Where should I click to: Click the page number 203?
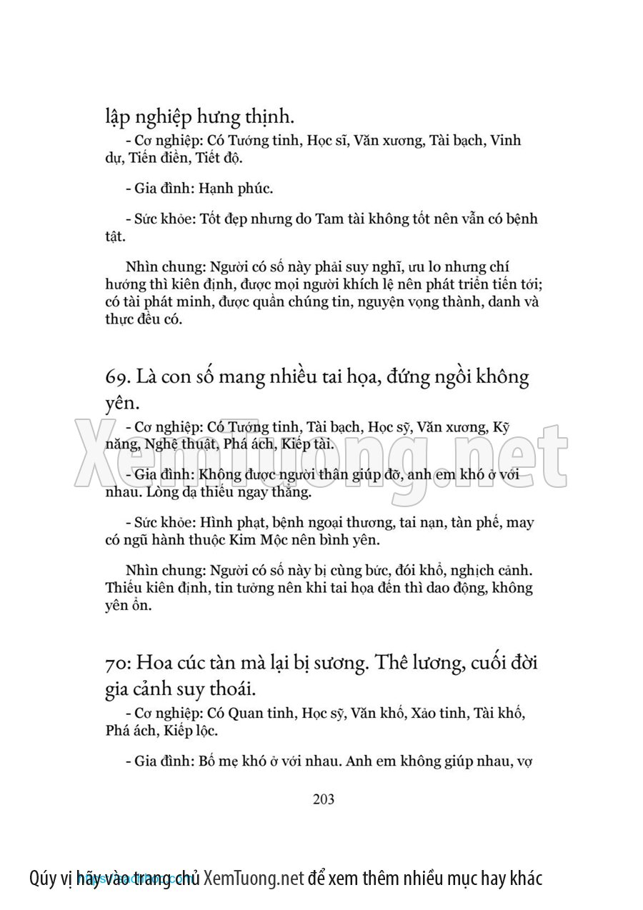click(x=324, y=799)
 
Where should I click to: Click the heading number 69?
click(x=116, y=378)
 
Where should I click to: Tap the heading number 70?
click(x=116, y=662)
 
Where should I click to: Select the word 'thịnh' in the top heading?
click(x=265, y=114)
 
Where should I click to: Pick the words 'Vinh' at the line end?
click(x=507, y=140)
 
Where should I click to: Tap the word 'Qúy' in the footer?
click(x=44, y=878)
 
